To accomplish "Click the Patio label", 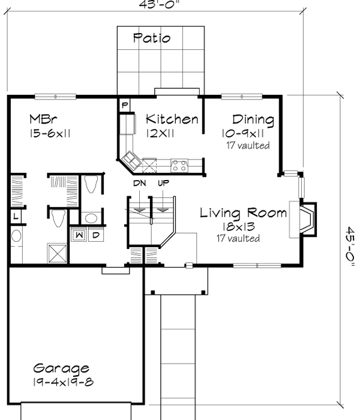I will (151, 38).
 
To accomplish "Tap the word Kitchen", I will (172, 119).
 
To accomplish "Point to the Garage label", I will (61, 368).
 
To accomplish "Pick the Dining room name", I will (253, 119).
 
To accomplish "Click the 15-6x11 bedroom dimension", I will (50, 134).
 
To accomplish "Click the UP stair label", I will (163, 183).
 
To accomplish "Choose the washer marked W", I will (79, 235).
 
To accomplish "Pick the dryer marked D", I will (95, 235).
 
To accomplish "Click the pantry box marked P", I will (125, 104).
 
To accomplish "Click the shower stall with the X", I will (58, 253).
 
